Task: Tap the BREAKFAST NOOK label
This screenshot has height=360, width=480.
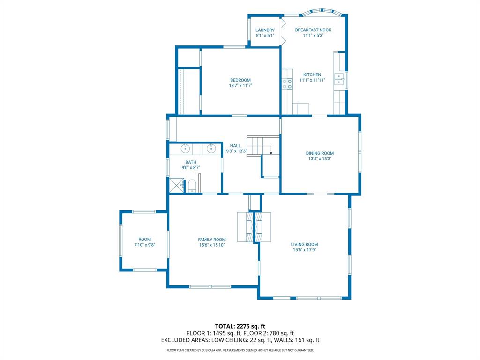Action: pos(313,30)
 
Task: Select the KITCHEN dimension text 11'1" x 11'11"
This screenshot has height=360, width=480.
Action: pos(312,80)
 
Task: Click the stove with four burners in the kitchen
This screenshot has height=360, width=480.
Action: pos(287,84)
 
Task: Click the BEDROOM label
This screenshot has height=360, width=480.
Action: pos(240,80)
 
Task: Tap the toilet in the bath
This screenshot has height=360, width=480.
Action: pos(192,186)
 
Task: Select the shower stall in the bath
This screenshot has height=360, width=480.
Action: pos(177,185)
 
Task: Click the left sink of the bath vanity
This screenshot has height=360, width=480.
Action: pos(186,149)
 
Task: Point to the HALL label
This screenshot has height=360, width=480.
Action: pos(235,146)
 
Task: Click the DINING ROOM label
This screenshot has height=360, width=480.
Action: pos(320,153)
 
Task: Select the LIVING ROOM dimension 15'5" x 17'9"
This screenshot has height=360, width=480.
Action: pos(304,250)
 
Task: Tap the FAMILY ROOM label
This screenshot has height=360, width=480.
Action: pos(212,240)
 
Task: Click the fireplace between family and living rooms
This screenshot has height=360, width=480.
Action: pos(254,227)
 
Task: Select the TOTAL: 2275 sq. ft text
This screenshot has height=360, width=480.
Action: pos(240,326)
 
